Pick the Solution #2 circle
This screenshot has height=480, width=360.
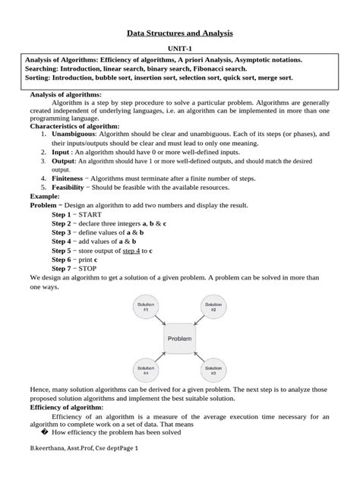[x=214, y=308]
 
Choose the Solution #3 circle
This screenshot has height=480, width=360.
[x=214, y=371]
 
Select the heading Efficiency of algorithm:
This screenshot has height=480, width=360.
[x=65, y=407]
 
